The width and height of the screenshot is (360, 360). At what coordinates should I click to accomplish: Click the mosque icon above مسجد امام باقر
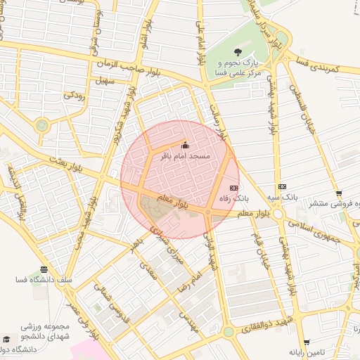click(186, 145)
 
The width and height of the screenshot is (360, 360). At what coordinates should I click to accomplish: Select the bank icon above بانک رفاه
click(233, 188)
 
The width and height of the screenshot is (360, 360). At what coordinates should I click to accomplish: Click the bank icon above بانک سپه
click(282, 186)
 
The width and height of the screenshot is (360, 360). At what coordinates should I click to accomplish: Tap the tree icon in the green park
click(237, 51)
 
